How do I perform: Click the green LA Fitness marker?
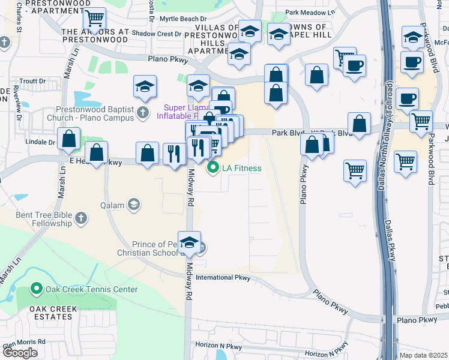click(212, 168)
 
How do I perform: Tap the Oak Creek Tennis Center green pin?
click(36, 289)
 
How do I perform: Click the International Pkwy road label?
click(223, 278)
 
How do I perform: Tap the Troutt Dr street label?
click(32, 81)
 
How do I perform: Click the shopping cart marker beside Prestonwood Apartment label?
click(94, 20)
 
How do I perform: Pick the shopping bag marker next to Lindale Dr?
click(70, 139)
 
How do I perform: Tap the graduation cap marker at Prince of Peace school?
click(190, 242)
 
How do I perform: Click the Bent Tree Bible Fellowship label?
click(44, 219)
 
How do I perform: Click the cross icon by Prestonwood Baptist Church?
click(142, 112)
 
